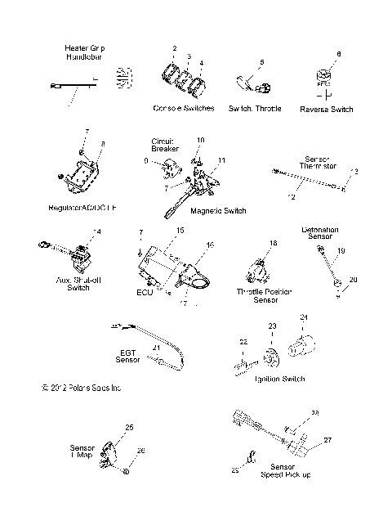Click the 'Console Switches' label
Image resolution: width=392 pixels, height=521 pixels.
click(x=183, y=109)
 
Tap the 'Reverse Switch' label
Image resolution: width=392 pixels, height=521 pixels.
click(x=326, y=109)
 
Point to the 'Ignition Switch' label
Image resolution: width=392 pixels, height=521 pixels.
click(x=258, y=379)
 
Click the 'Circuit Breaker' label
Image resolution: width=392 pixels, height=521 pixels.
click(x=162, y=146)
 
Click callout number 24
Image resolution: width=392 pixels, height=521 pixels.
click(x=302, y=317)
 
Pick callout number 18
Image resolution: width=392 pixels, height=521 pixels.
click(x=274, y=244)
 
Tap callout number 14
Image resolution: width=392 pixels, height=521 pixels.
click(x=97, y=233)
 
